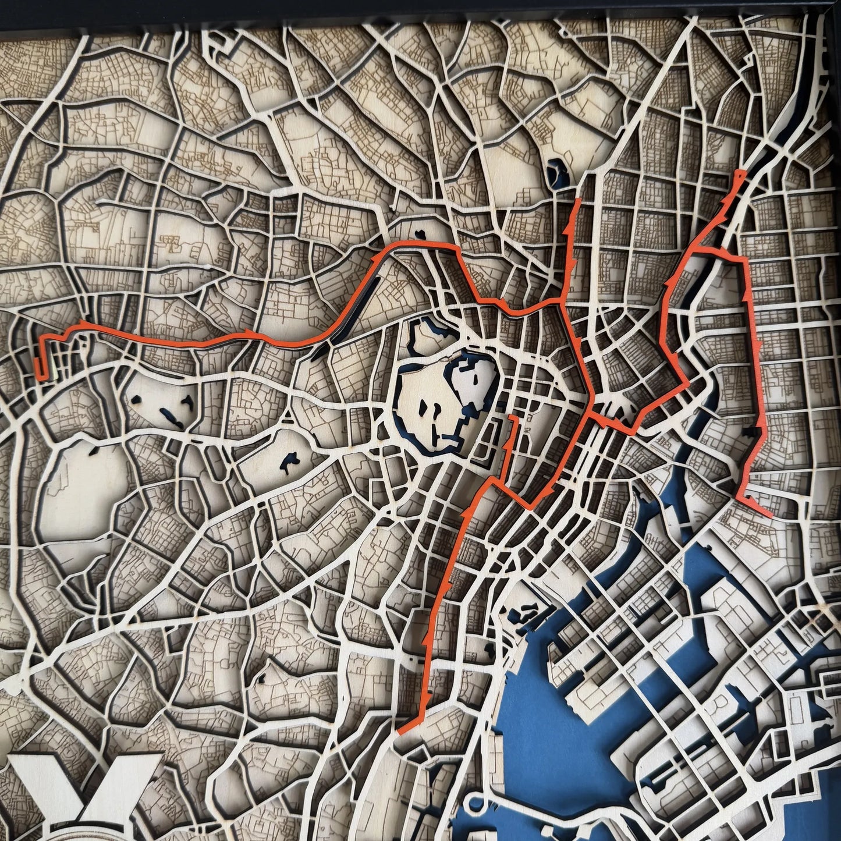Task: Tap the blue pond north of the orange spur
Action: [x=559, y=172]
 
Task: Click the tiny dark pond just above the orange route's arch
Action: [x=419, y=235]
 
